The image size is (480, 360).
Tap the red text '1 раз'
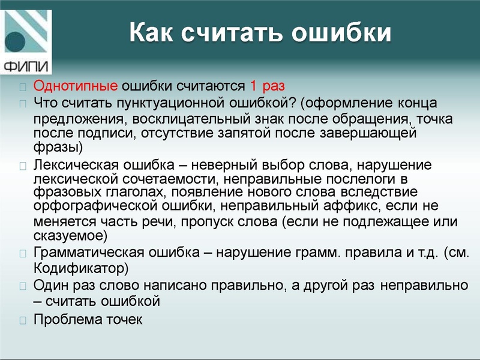[268, 85]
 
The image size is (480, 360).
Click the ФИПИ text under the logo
[27, 65]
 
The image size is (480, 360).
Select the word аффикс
[344, 206]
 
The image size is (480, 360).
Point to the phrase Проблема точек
[88, 319]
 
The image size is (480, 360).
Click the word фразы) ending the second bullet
[58, 147]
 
